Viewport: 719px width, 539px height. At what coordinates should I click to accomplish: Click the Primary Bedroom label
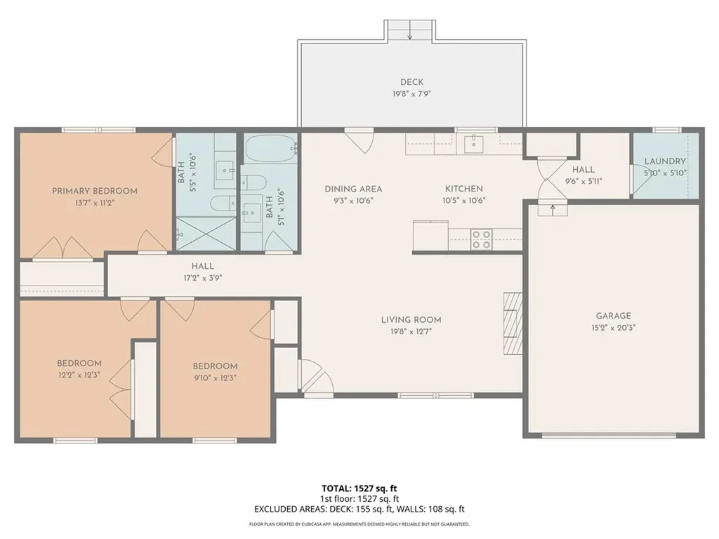point(95,191)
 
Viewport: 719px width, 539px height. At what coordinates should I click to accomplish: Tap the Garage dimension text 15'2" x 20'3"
point(613,328)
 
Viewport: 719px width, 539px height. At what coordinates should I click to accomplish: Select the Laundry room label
point(665,161)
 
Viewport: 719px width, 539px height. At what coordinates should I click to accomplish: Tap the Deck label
point(411,82)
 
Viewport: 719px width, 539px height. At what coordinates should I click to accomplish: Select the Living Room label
point(411,320)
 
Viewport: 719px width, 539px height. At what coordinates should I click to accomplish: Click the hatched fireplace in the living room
point(513,324)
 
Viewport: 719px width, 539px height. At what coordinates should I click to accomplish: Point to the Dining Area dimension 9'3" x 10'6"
point(352,201)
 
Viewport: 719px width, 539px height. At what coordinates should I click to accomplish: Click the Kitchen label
point(464,189)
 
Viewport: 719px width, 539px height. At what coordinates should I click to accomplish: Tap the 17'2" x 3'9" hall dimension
point(203,278)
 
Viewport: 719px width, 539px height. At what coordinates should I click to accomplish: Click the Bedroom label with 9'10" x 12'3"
point(215,366)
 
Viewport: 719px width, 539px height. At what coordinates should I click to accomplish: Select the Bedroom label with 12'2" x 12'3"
point(79,364)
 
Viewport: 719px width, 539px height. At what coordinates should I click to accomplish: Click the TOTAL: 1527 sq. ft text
point(359,488)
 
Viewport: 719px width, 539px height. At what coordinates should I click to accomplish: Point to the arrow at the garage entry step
point(553,209)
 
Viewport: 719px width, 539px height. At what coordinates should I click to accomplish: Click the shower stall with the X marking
point(206,234)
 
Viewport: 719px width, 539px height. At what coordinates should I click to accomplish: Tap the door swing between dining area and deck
point(359,140)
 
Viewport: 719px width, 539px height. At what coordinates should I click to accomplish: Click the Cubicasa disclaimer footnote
point(359,524)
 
